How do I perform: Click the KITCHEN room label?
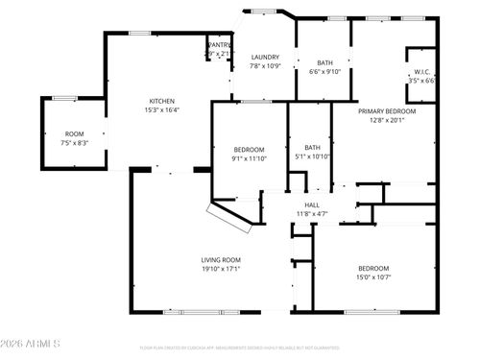(161, 101)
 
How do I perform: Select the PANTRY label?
(220, 45)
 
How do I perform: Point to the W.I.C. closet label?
(422, 72)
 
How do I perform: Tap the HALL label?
(312, 204)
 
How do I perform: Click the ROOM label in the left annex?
(74, 133)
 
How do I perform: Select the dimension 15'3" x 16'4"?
(161, 109)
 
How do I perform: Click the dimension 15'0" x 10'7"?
(373, 276)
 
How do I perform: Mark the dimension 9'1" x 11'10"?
(251, 158)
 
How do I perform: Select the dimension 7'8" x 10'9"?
(265, 66)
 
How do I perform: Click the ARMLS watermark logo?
(31, 344)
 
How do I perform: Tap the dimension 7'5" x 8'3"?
(74, 142)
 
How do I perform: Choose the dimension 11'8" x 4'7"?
(312, 213)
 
